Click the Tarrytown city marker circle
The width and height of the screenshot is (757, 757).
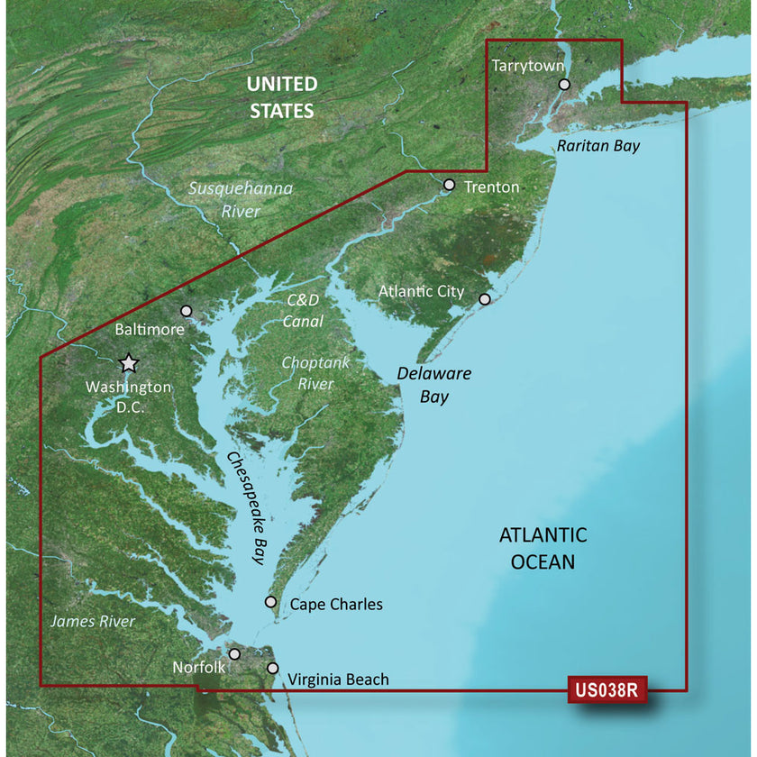tap(564, 84)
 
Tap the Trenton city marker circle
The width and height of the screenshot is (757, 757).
tap(450, 184)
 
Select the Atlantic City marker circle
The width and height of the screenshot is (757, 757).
tap(484, 299)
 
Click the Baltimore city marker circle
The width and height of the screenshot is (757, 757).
tap(187, 311)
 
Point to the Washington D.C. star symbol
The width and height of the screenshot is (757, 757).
tap(129, 363)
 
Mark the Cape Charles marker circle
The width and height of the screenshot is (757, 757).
tap(270, 602)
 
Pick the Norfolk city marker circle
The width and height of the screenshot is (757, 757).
tap(235, 654)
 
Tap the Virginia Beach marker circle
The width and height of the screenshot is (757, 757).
tap(274, 668)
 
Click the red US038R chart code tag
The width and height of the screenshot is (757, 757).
tap(608, 691)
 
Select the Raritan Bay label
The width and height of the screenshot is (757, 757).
tap(597, 145)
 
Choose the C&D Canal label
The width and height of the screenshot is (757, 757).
tap(303, 310)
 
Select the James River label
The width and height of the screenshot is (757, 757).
tap(93, 621)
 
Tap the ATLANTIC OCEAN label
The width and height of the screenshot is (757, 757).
tap(543, 548)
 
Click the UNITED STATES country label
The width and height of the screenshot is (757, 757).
tap(282, 97)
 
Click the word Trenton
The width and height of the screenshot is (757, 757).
tap(492, 187)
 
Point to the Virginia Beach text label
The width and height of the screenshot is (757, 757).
tap(339, 679)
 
